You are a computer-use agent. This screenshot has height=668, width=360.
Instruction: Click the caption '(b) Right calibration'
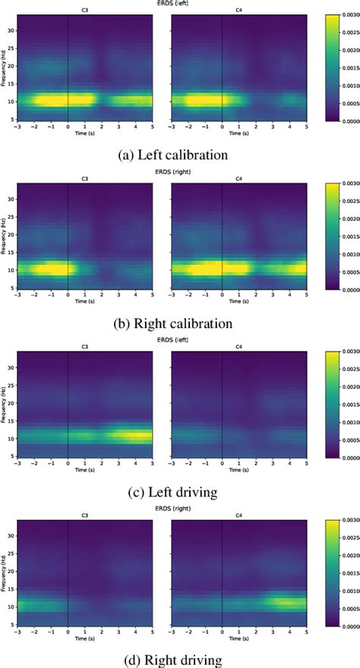point(175,324)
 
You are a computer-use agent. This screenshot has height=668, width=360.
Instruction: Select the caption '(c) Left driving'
point(175,493)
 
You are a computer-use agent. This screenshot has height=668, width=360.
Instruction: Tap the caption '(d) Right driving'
point(175,660)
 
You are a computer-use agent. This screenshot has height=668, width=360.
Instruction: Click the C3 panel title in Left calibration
point(84,11)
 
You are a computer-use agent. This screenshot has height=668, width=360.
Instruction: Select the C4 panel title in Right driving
point(238,516)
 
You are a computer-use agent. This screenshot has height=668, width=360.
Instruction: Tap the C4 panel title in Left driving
point(238,348)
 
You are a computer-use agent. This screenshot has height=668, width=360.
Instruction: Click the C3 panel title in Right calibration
point(84,179)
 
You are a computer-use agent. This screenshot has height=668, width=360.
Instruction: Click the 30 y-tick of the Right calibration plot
point(12,199)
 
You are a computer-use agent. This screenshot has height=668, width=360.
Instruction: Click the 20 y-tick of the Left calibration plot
point(12,66)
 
